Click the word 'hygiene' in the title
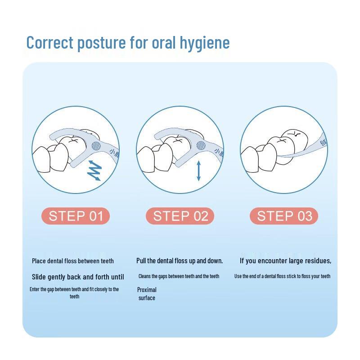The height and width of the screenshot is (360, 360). coord(205,43)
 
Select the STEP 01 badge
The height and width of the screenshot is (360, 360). coord(76,216)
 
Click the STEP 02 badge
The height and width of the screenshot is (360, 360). coord(180,216)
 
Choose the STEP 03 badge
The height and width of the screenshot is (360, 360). coord(284,216)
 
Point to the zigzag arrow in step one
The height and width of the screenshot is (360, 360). coord(94,171)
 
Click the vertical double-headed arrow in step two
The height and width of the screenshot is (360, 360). coord(199,171)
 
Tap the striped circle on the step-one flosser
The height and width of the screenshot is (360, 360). coord(96,146)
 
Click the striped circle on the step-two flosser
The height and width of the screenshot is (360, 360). coord(201,145)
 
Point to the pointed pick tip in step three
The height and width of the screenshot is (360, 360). coord(278,156)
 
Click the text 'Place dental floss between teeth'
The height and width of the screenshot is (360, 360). coord(73,261)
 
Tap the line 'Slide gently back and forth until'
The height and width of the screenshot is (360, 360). coord(78,277)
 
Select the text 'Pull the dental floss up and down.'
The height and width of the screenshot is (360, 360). coord(180,261)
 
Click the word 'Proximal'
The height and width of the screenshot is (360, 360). coord(147,290)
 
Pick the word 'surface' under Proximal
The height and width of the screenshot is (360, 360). coord(147,298)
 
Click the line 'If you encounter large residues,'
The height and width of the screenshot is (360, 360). coord(285,261)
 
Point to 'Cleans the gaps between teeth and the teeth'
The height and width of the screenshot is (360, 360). coord(179,276)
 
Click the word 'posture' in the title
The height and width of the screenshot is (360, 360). coord(102,43)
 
